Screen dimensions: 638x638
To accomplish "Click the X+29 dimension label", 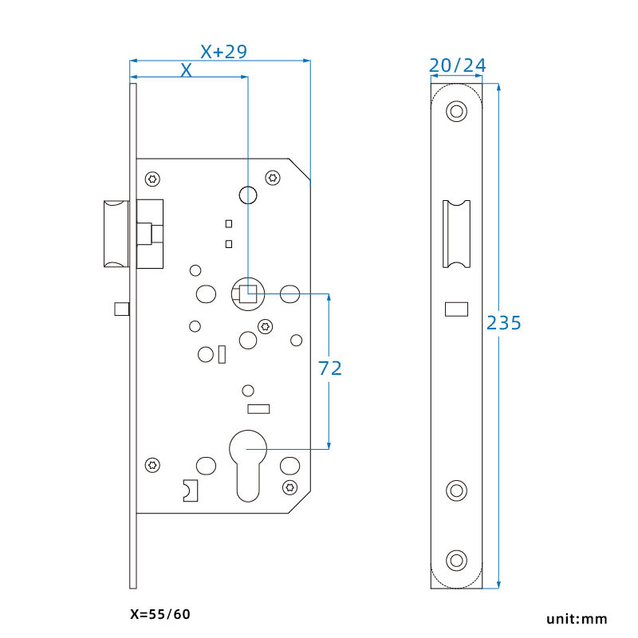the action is pos(224,52).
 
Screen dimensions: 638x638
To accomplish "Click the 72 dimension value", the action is pos(330,368).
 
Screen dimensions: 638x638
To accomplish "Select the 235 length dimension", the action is pos(504,323).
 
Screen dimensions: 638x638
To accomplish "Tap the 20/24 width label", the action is pos(457,65).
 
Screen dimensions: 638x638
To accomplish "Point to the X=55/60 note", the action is pos(160,614).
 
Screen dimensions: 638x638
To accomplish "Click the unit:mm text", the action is pos(577,619).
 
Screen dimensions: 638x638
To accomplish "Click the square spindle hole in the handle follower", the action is pos(248,293).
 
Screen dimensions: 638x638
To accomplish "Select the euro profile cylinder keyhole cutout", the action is pos(248,466).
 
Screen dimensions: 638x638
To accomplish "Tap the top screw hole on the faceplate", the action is pos(456,111).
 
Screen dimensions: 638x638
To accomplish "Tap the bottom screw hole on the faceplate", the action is pos(456,561).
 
